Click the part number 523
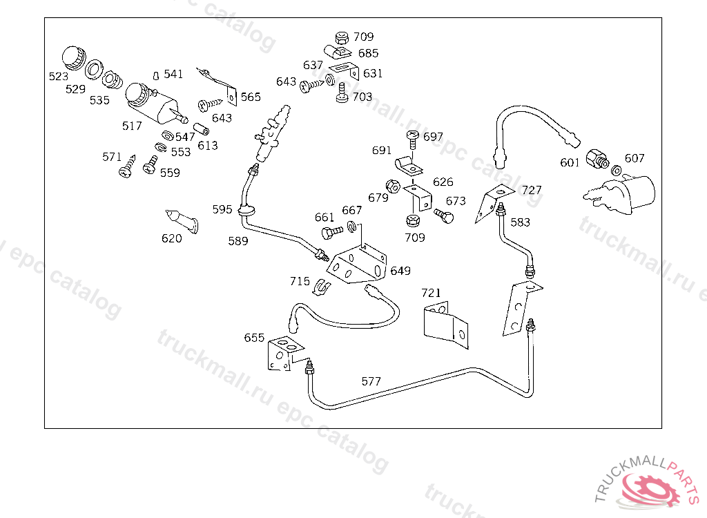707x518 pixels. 59,77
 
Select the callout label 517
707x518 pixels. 132,126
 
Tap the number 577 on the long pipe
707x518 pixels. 371,382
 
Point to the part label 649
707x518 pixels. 400,271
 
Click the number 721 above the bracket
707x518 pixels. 431,293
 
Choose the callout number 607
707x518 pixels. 635,158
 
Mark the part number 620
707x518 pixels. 172,238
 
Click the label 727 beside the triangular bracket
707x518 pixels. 532,190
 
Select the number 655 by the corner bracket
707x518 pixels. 254,338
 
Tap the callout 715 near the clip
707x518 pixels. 300,282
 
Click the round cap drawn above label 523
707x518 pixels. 74,58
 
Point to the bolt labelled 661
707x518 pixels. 333,233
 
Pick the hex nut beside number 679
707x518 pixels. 393,186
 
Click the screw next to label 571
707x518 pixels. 127,166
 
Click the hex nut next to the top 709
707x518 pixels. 342,37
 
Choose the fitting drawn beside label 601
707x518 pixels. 597,159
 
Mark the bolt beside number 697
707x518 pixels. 413,140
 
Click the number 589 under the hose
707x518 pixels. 238,241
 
